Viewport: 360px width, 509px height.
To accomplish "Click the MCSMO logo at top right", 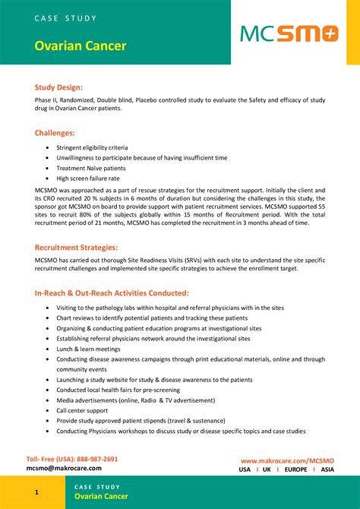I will [289, 33].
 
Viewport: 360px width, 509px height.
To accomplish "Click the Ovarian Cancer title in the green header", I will [80, 46].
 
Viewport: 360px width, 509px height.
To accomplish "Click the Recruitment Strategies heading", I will [76, 247].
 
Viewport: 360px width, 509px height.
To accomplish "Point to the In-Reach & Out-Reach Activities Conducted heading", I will [112, 292].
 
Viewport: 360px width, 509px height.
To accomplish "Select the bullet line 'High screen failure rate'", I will [88, 179].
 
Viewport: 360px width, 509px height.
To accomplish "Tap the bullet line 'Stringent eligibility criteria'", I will [92, 147].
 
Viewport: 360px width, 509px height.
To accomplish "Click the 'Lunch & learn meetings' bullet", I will [88, 349].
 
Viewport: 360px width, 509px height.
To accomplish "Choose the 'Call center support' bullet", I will [82, 410].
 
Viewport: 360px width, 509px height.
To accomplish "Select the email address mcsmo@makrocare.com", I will [64, 469].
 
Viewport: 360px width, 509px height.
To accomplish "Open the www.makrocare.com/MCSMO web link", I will [287, 460].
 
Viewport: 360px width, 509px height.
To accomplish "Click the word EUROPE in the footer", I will [295, 469].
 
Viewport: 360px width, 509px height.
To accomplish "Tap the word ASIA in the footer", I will [327, 469].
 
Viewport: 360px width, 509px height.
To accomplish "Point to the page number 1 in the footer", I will [36, 493].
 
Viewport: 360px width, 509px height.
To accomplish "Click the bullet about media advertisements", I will [125, 400].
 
